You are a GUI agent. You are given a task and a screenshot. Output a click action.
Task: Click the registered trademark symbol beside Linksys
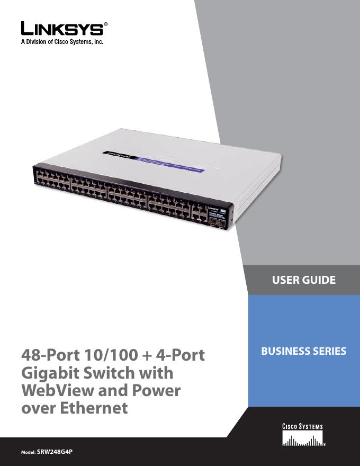click(107, 24)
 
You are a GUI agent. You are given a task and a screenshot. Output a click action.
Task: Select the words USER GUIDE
click(303, 280)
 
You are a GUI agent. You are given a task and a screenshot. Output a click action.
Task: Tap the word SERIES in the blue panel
click(330, 351)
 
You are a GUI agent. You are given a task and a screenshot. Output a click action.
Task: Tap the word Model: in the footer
click(28, 454)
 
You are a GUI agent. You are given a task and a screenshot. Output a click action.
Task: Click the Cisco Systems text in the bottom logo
click(301, 427)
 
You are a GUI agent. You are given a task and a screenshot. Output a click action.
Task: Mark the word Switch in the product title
click(117, 373)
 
